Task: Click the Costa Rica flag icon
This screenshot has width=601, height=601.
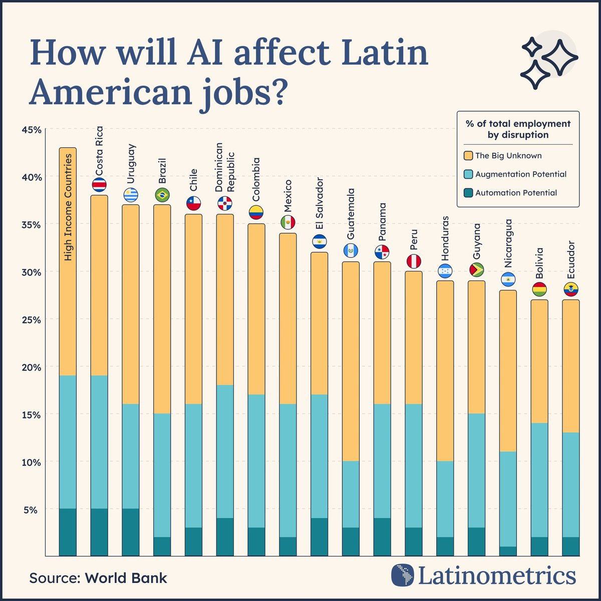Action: point(99,185)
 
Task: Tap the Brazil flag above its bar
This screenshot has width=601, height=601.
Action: point(162,195)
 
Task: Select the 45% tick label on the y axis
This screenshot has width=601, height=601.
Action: point(32,130)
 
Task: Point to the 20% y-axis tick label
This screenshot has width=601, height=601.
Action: point(32,367)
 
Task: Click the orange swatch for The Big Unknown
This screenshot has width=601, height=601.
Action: point(468,156)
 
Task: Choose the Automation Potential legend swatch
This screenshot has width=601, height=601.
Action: point(468,193)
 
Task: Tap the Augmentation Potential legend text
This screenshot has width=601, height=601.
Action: point(521,174)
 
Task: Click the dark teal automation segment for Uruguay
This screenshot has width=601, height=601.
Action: point(131,532)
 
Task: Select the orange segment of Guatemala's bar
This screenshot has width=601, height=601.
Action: point(351,361)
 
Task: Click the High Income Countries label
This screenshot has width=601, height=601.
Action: point(68,207)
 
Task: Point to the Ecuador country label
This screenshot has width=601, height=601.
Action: point(571,260)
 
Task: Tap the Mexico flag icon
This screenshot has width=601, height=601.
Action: point(288,222)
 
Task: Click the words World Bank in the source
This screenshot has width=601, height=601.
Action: point(126,578)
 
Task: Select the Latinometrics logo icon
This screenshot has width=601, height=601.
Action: point(403,575)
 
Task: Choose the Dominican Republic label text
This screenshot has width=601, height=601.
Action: point(224,167)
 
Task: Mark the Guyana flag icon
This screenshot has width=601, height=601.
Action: point(477,270)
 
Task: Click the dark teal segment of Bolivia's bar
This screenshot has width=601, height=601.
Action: point(539,546)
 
